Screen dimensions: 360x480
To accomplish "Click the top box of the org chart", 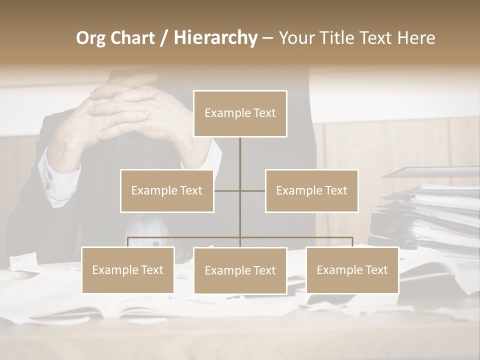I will pyautogui.click(x=240, y=113).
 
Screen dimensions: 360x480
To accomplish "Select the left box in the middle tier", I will pyautogui.click(x=167, y=190).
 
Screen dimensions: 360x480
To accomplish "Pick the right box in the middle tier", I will pyautogui.click(x=311, y=190).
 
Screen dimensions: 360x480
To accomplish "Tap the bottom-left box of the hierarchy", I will pyautogui.click(x=128, y=270).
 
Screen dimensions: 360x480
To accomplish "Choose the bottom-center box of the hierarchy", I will pyautogui.click(x=240, y=270).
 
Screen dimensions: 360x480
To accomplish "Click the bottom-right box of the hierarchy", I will pyautogui.click(x=352, y=270).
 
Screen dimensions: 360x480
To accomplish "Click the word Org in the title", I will pyautogui.click(x=90, y=38).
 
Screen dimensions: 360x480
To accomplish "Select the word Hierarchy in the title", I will pyautogui.click(x=215, y=38).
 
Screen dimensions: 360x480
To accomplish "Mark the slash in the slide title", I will pyautogui.click(x=164, y=38).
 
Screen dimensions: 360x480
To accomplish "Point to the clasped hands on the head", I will pyautogui.click(x=125, y=107).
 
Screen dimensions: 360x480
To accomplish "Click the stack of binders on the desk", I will pyautogui.click(x=430, y=215).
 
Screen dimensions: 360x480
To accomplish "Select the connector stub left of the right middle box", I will pyautogui.click(x=253, y=190).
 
